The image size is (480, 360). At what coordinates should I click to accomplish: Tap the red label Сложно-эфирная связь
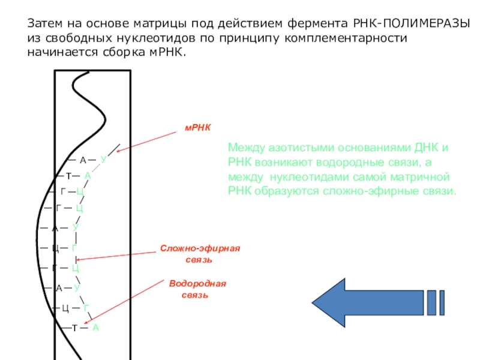point(200,254)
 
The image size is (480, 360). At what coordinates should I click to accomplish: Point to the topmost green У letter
point(103,159)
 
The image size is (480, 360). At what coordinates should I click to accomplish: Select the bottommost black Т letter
point(75,328)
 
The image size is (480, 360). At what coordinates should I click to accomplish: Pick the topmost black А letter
point(83,160)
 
